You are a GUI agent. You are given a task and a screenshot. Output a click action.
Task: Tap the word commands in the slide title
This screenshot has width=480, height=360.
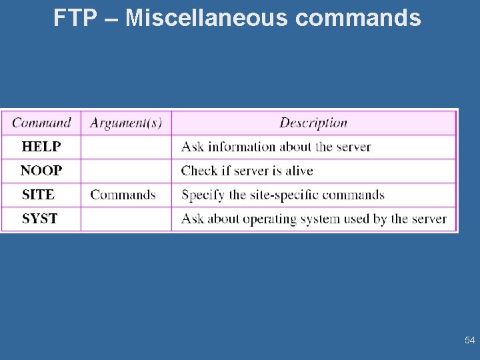[x=358, y=18]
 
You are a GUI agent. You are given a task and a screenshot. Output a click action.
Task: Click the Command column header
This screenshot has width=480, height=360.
[x=41, y=123]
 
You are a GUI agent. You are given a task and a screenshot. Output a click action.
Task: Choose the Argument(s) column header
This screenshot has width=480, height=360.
[x=126, y=123]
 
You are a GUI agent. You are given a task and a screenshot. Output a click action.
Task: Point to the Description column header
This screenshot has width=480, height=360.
[x=313, y=123]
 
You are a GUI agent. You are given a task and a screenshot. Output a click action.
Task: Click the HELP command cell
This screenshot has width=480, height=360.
[x=41, y=147]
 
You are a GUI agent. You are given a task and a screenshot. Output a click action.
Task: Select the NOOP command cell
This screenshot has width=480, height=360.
[x=41, y=171]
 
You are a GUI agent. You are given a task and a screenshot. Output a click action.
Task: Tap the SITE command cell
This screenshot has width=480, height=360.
[x=39, y=195]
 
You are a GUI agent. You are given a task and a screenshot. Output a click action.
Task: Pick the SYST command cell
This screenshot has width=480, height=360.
[x=40, y=219]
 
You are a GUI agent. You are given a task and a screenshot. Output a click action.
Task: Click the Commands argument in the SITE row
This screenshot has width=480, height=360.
[x=123, y=195]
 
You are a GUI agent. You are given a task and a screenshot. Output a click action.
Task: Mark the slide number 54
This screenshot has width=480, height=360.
[x=470, y=341]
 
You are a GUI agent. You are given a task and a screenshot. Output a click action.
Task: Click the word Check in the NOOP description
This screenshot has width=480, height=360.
[x=199, y=171]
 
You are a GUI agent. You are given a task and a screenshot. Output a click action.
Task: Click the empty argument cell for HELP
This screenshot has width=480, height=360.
[x=126, y=147]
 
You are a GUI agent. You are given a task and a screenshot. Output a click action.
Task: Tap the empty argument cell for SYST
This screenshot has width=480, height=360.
[x=126, y=219]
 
